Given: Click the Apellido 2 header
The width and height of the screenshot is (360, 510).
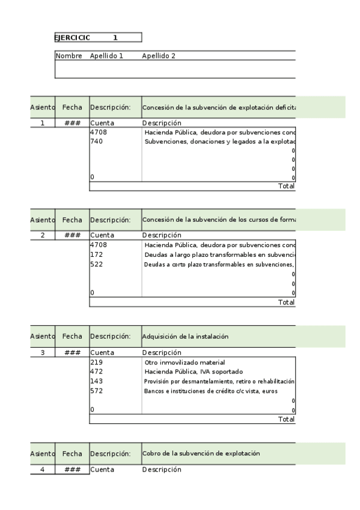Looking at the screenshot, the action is pyautogui.click(x=159, y=56).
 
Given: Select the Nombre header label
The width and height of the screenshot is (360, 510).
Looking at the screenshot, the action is pyautogui.click(x=69, y=56).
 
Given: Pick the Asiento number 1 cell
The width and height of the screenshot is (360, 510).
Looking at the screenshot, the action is pyautogui.click(x=42, y=123).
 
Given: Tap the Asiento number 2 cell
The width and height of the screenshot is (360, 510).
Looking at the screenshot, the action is pyautogui.click(x=42, y=235).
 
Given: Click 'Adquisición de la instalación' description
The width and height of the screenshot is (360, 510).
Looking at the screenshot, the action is pyautogui.click(x=185, y=337).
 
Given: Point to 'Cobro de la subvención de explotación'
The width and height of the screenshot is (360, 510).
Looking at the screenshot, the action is pyautogui.click(x=201, y=453).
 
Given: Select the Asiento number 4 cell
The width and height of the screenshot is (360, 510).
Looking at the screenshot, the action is pyautogui.click(x=42, y=469).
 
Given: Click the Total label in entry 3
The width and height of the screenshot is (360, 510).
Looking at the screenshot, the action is pyautogui.click(x=286, y=419).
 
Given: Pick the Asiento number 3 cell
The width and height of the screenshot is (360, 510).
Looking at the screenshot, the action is pyautogui.click(x=42, y=352).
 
